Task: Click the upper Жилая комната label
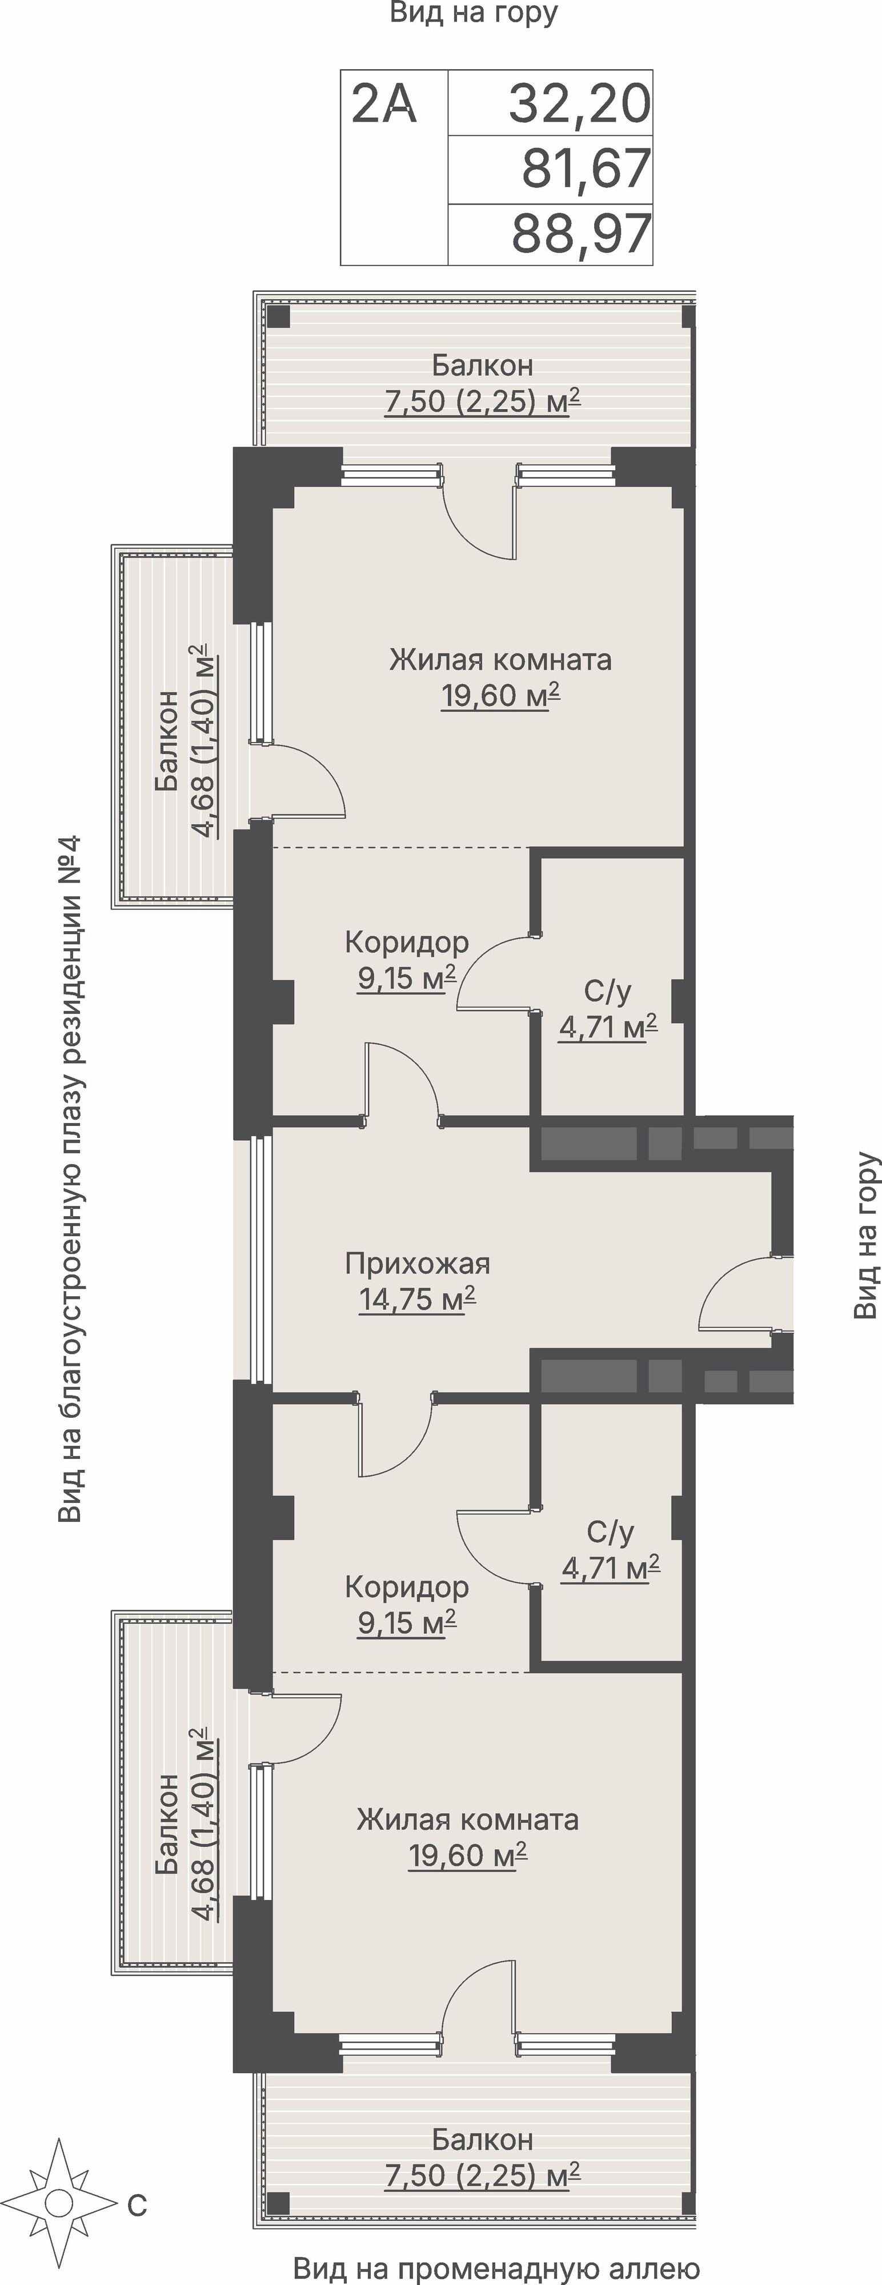500,660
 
